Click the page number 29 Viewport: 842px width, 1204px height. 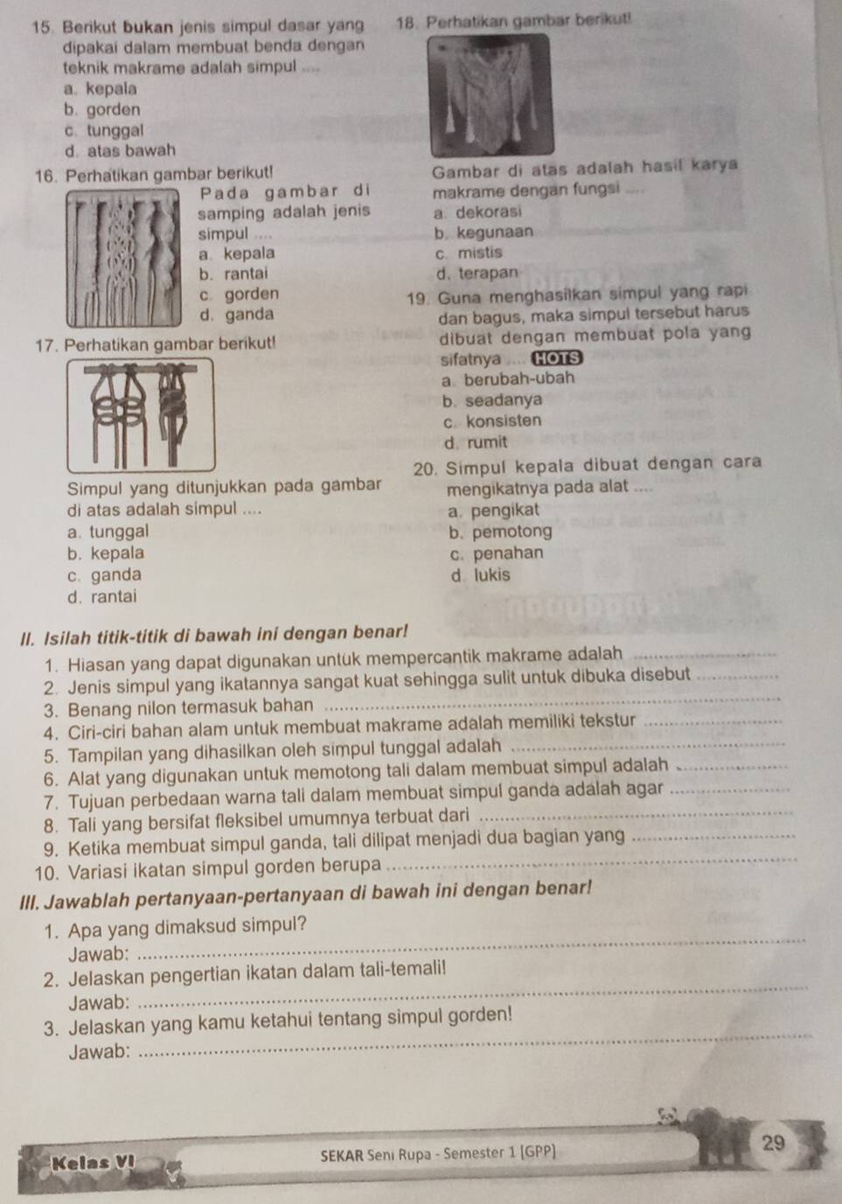point(774,1142)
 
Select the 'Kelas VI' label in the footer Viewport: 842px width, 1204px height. point(81,1163)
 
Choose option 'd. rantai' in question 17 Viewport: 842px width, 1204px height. point(101,597)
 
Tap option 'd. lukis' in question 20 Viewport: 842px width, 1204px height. point(480,575)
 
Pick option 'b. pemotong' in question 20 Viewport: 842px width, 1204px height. point(500,532)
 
